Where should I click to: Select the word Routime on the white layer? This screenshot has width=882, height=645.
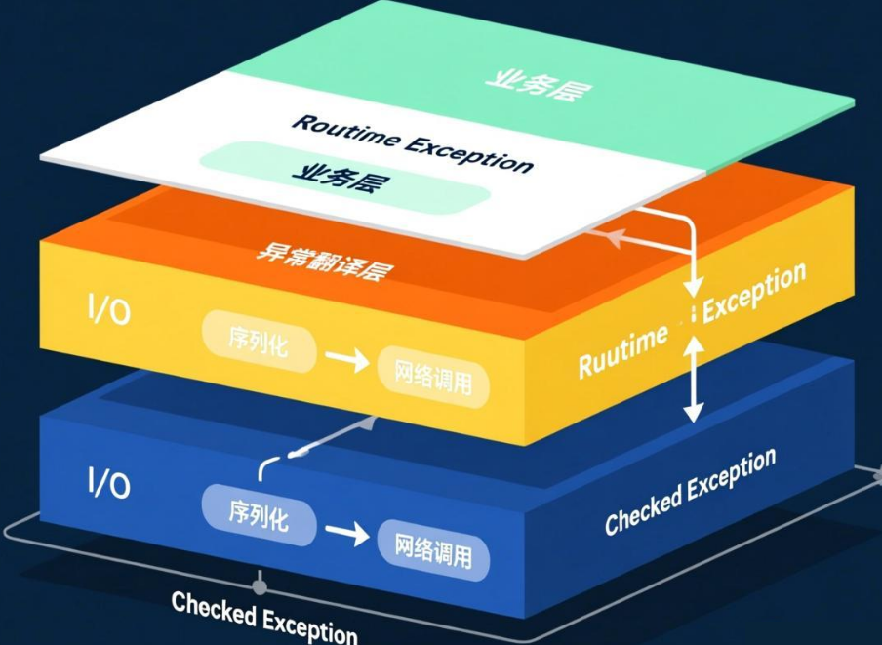[x=345, y=131]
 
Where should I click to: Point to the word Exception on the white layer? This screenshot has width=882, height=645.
[x=468, y=152]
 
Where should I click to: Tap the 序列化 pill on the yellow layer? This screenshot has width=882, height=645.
[x=260, y=342]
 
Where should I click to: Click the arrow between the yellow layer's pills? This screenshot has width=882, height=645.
[x=346, y=360]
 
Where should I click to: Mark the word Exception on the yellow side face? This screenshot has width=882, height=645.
[x=754, y=289]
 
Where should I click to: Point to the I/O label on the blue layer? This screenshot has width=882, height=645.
[x=108, y=482]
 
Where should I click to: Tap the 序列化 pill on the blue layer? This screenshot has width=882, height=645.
[x=259, y=514]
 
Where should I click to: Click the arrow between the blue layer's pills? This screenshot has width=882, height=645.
[x=346, y=534]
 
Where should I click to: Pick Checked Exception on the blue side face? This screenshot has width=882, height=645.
[x=690, y=491]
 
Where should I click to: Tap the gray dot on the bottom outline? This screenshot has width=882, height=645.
[x=260, y=587]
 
